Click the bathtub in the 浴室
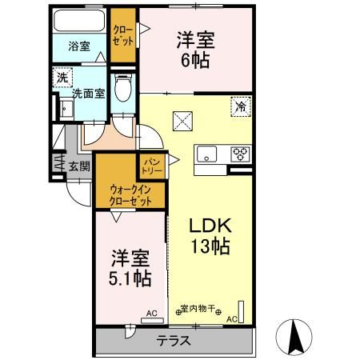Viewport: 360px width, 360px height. pyautogui.click(x=79, y=21)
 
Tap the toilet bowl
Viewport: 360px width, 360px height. pyautogui.click(x=123, y=87)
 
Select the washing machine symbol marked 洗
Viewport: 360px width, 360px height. pyautogui.click(x=62, y=78)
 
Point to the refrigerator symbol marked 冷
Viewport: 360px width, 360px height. pyautogui.click(x=241, y=106)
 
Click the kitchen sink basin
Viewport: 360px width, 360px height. pyautogui.click(x=206, y=154)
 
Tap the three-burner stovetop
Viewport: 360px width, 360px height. pyautogui.click(x=241, y=154)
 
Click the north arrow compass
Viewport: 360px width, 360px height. pyautogui.click(x=294, y=337)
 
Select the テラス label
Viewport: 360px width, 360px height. pyautogui.click(x=174, y=341)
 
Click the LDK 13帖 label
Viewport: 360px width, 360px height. pyautogui.click(x=210, y=236)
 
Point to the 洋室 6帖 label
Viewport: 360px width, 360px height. pyautogui.click(x=195, y=50)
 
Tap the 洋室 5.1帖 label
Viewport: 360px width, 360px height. pyautogui.click(x=130, y=268)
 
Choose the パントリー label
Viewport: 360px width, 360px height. pyautogui.click(x=151, y=166)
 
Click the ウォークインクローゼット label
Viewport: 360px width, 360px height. pyautogui.click(x=130, y=195)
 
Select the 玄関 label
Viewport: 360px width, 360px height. pyautogui.click(x=79, y=166)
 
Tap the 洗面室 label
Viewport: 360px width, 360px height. pyautogui.click(x=89, y=94)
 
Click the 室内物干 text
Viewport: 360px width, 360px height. pyautogui.click(x=198, y=309)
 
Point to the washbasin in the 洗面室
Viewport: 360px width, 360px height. pyautogui.click(x=66, y=109)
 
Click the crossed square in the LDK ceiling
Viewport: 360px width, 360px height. pyautogui.click(x=182, y=122)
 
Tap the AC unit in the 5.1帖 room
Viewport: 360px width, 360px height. pyautogui.click(x=152, y=321)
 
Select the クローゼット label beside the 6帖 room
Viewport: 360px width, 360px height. pyautogui.click(x=123, y=35)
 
